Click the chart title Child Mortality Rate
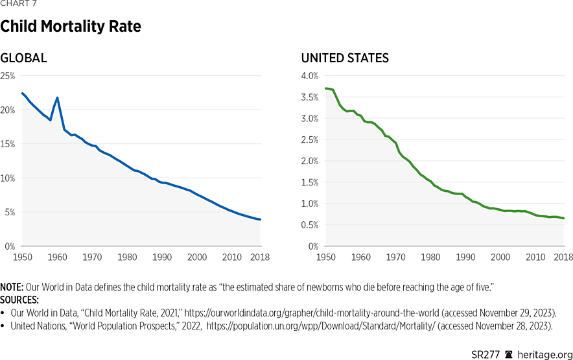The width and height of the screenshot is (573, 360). tap(71, 27)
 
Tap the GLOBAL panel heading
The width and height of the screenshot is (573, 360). tap(23, 58)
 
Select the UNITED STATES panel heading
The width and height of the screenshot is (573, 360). tap(345, 58)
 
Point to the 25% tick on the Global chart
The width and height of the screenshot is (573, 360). tap(8, 76)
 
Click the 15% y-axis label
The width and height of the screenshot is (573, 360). tap(8, 144)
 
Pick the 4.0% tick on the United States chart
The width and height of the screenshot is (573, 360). tap(310, 76)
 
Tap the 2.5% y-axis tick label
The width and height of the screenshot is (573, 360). tap(310, 140)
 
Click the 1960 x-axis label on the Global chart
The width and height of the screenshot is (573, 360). tap(58, 258)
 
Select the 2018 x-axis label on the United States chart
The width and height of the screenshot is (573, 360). tap(563, 258)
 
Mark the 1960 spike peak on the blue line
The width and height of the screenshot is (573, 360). tap(58, 98)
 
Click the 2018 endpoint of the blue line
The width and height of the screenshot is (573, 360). tap(260, 219)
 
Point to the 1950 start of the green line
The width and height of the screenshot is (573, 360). tap(325, 88)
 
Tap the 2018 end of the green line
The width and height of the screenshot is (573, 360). tap(563, 218)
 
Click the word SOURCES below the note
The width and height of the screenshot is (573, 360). tap(19, 300)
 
